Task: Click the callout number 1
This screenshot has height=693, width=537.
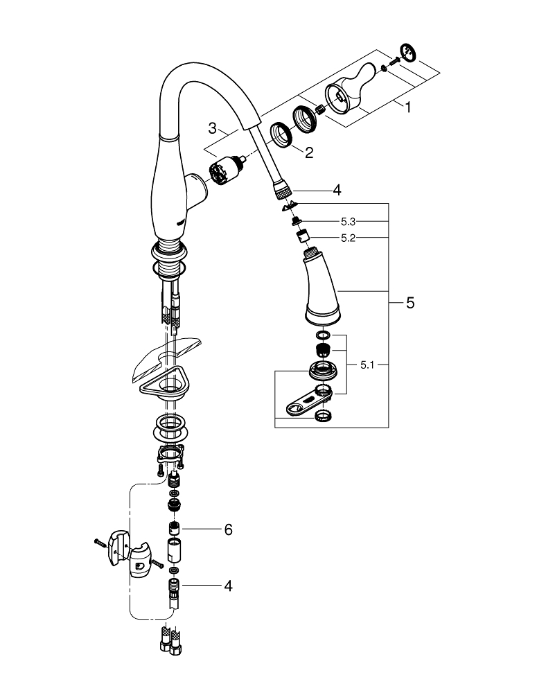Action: (408, 107)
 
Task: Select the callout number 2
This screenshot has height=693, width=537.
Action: (308, 152)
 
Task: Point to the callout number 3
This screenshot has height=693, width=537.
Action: (213, 128)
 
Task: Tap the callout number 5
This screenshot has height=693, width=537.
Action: (410, 303)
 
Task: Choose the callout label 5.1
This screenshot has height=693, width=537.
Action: (367, 365)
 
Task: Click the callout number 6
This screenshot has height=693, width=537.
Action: (228, 529)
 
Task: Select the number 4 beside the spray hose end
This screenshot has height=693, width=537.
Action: (337, 189)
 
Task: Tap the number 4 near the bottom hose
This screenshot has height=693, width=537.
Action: (228, 586)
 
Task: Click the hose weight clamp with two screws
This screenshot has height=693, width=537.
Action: (134, 554)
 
